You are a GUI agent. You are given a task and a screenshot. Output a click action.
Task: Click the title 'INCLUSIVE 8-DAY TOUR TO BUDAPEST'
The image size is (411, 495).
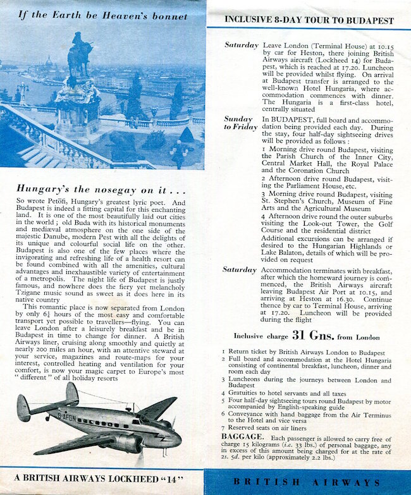[x=309, y=20]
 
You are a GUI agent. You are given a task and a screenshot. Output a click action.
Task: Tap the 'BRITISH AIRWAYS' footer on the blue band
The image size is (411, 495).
[x=309, y=481]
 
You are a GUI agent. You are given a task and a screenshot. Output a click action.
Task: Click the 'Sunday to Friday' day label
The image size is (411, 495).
[x=238, y=123]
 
